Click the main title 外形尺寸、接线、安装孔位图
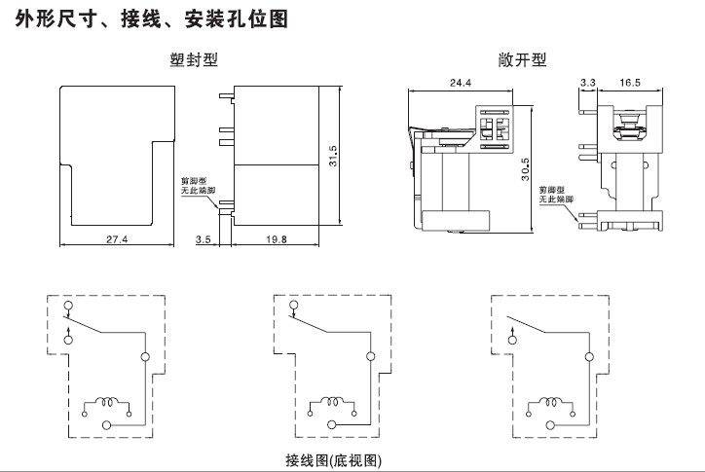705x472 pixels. coord(154,18)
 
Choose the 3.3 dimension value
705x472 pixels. coord(587,84)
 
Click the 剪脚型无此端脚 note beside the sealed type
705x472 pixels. coord(198,186)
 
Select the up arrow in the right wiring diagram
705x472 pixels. coord(514,336)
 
